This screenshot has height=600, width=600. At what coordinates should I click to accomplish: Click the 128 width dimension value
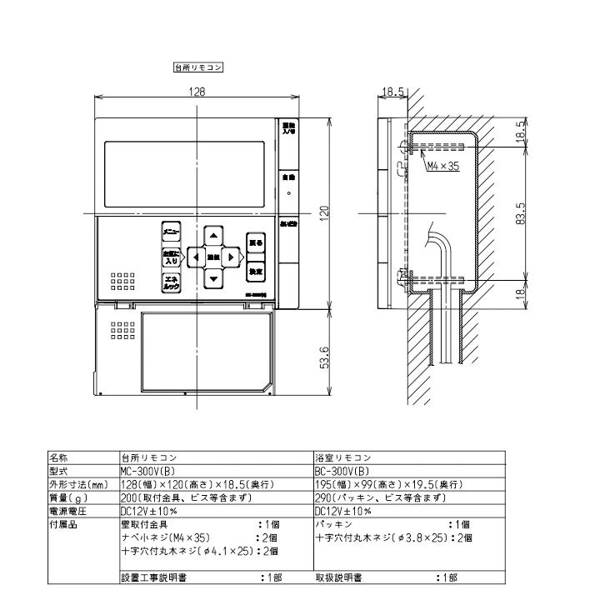coord(197,91)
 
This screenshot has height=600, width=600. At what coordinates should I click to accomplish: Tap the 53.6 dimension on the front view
coord(325,358)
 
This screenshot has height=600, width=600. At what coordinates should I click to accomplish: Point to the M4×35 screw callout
coord(442,167)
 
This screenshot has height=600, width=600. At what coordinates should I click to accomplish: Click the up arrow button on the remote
coord(213,235)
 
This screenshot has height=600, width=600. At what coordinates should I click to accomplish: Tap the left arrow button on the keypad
coord(195,257)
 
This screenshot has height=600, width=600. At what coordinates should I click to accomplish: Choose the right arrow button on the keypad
coord(231,257)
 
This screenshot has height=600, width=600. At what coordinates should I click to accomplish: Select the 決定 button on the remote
coord(256,271)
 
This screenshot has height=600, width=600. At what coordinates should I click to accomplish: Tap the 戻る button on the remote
coord(256,243)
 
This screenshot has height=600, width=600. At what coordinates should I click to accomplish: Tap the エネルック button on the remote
coord(171,283)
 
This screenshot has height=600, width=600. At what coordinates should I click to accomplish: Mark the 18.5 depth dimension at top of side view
coord(393,91)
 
